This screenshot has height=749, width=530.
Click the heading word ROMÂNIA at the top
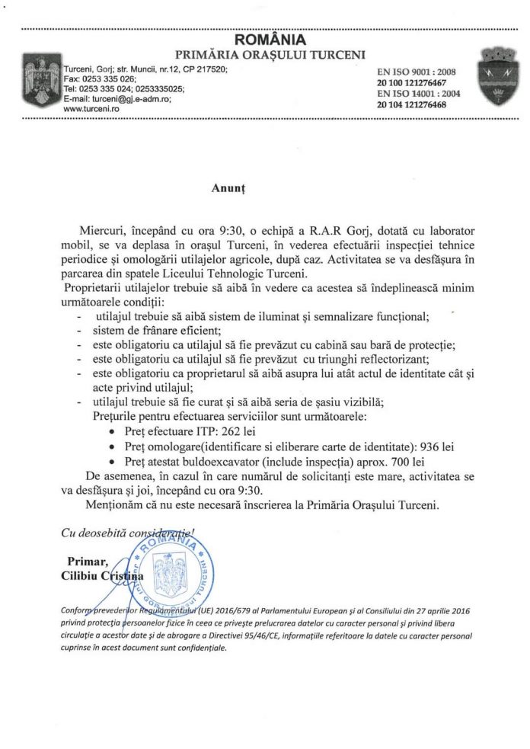click(x=270, y=39)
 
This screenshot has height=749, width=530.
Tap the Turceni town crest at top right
click(x=493, y=82)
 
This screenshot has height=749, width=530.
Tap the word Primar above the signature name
click(x=85, y=562)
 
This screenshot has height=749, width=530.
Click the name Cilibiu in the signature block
click(x=78, y=577)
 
